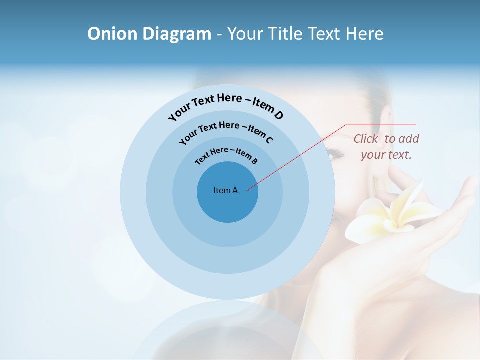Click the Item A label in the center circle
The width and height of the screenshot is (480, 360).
[225, 190]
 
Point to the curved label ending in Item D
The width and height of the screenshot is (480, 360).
[226, 104]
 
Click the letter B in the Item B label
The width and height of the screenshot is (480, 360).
[254, 161]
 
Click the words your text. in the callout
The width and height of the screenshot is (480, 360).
[386, 155]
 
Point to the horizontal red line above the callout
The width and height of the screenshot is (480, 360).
[381, 124]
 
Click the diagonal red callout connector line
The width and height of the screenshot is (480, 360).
[300, 155]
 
